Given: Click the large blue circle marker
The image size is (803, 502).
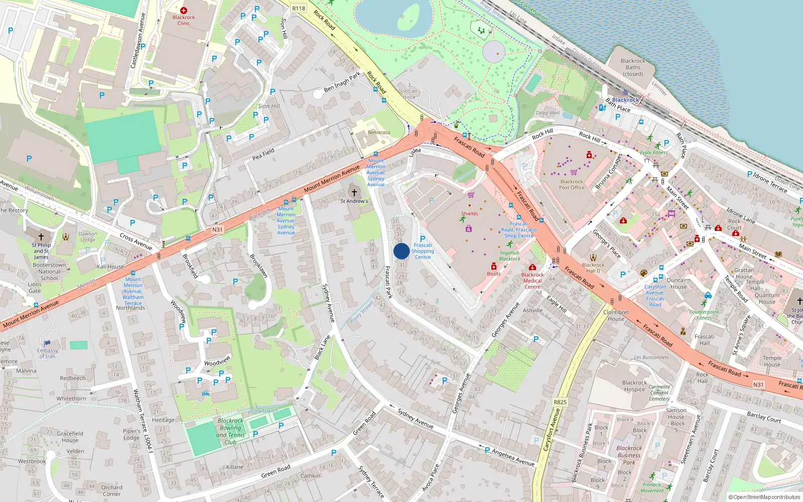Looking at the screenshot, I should [x=401, y=252].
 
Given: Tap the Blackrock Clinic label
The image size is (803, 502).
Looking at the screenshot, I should [x=184, y=20].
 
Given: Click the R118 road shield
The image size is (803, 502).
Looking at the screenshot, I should [x=299, y=8].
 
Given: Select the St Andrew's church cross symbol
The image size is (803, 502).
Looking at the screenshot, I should [x=354, y=193].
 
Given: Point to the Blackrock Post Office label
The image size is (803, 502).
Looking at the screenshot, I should [x=571, y=185].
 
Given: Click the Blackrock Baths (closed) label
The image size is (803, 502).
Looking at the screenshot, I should [x=633, y=67].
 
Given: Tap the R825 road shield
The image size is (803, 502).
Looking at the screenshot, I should [x=560, y=402].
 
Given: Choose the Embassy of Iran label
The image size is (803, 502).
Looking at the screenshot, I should [x=47, y=353].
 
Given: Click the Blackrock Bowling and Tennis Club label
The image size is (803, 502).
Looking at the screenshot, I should [x=230, y=432].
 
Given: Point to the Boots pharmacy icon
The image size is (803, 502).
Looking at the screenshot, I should [x=494, y=267].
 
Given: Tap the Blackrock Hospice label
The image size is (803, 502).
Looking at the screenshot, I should [x=634, y=386].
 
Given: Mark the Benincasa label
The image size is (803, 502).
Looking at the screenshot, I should [x=379, y=133].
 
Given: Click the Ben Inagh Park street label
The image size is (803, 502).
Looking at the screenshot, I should [x=342, y=82].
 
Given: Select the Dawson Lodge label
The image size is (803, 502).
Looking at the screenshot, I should [x=88, y=236].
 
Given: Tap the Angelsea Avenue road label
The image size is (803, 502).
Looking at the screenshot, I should [x=512, y=457].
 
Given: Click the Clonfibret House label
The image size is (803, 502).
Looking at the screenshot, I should [x=616, y=315].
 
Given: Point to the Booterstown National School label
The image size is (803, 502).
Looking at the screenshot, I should [x=49, y=272].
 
